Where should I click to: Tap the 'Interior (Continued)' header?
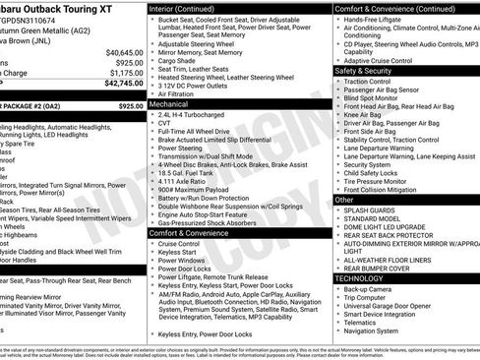click(190, 7)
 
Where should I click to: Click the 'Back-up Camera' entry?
click(371, 290)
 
